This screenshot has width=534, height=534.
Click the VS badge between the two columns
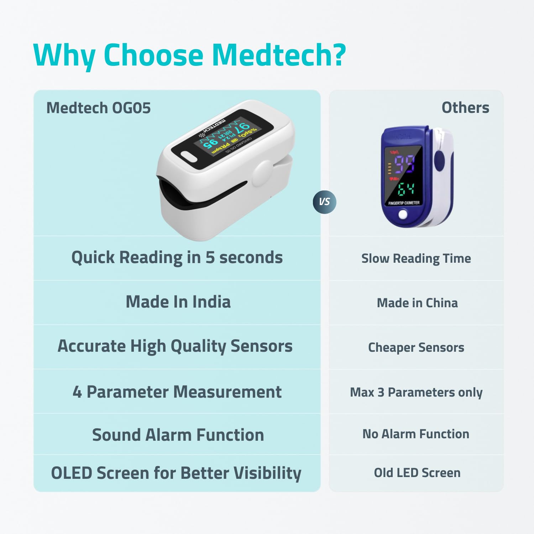324,202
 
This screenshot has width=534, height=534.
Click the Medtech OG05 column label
99,108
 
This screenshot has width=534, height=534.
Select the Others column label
465,108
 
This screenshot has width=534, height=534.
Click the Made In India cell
178,302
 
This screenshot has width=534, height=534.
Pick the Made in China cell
417,303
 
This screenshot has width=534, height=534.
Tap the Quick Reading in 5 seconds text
177,257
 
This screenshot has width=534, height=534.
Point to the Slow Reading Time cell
416,258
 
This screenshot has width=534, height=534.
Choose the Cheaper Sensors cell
416,347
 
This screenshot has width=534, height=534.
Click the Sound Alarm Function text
178,435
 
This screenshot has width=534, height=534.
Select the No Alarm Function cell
416,434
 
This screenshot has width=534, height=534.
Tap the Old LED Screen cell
417,473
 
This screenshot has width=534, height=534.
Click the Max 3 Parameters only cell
416,392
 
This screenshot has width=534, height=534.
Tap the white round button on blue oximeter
403,214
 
